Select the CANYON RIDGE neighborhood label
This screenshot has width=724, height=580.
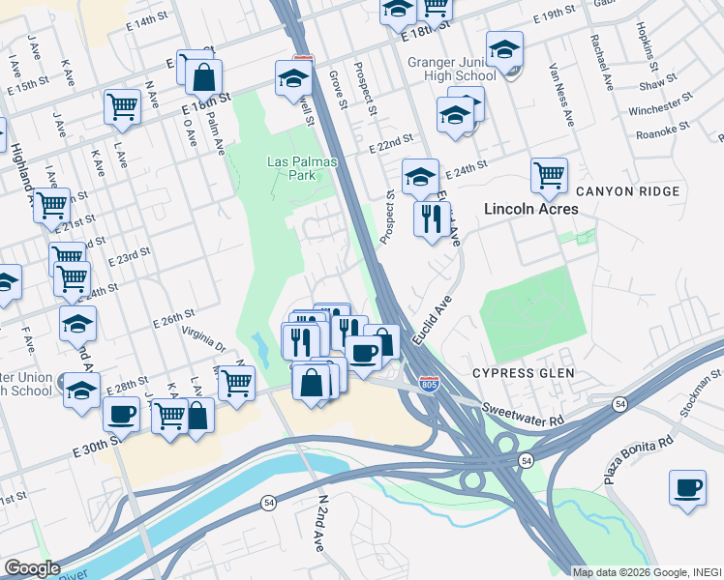(x=618, y=191)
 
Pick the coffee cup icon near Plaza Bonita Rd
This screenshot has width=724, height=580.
(x=687, y=487)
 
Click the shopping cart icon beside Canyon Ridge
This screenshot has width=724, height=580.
(x=549, y=175)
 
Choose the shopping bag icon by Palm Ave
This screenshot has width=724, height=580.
(x=204, y=76)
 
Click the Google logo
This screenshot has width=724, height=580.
(x=32, y=568)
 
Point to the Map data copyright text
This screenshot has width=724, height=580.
(x=647, y=572)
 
